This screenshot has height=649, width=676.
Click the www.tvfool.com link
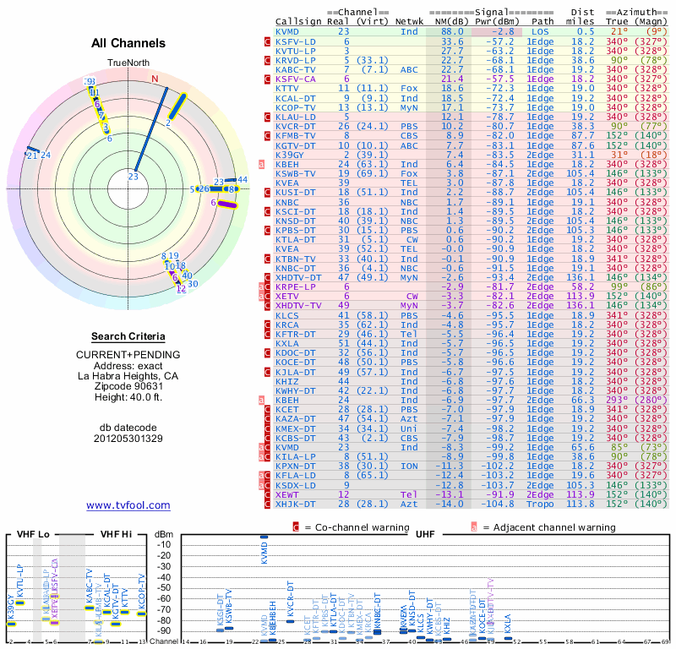click(x=128, y=505)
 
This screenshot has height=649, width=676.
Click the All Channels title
click(x=128, y=43)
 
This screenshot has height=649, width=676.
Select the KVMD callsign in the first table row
click(x=287, y=31)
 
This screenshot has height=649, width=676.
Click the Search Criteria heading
click(x=128, y=335)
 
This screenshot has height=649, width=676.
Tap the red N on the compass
click(x=155, y=79)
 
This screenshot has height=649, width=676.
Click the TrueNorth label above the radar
click(x=128, y=64)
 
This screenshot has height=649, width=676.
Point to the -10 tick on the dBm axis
click(x=166, y=545)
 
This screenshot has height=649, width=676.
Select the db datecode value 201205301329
click(x=128, y=439)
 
